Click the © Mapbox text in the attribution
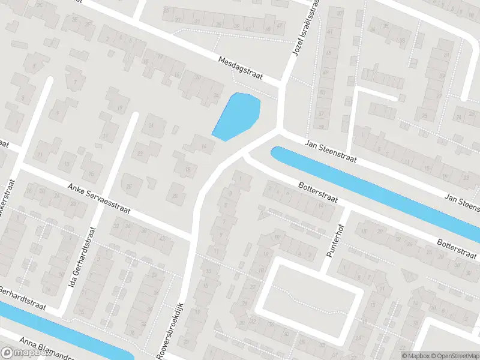(413, 355)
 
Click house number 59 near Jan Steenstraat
(322, 127)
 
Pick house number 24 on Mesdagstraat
(216, 94)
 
